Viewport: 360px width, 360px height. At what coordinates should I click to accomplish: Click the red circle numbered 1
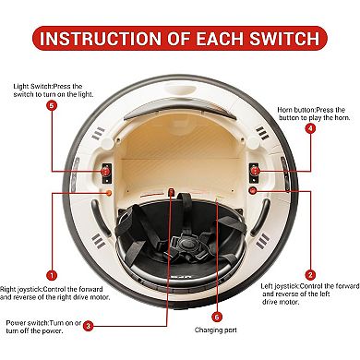(x=52, y=275)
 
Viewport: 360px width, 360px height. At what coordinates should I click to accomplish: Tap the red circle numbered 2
(x=310, y=275)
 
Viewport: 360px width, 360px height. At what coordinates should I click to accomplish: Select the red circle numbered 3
(x=88, y=326)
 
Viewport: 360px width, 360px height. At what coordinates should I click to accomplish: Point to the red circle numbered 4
(x=310, y=129)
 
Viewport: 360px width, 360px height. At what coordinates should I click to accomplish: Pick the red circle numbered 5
(x=52, y=106)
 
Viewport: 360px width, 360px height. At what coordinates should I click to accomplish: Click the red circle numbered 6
(x=217, y=317)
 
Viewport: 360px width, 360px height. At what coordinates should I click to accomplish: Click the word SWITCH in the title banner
(x=284, y=38)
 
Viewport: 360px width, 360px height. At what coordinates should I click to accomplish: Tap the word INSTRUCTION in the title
(x=101, y=38)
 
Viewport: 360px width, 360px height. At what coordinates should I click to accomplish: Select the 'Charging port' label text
(x=216, y=330)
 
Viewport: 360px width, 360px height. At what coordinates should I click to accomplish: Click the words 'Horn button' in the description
(x=295, y=110)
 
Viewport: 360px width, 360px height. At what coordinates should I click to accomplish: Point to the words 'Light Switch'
(x=32, y=87)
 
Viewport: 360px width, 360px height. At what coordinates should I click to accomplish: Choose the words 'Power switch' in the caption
(x=27, y=323)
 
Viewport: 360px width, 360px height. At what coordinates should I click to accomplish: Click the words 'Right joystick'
(x=21, y=290)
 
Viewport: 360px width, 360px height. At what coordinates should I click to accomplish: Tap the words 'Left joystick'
(x=280, y=286)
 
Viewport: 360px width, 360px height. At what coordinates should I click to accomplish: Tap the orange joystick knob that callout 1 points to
(x=108, y=193)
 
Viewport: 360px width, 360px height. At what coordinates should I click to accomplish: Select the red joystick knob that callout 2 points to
(x=253, y=191)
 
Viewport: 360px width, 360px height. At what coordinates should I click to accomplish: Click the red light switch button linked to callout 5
(x=106, y=171)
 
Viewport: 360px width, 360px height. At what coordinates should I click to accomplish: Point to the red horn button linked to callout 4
(x=255, y=171)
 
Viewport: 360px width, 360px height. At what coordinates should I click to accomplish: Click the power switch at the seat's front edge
(x=171, y=192)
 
